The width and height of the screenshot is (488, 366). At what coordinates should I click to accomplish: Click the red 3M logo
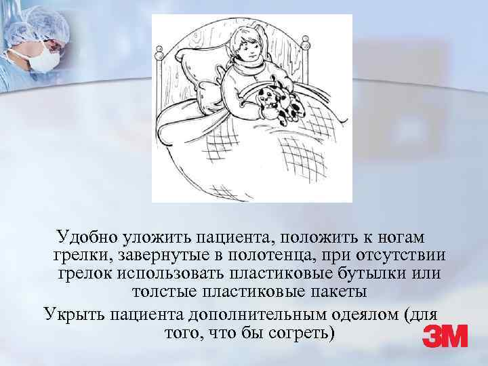[x=445, y=336]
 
